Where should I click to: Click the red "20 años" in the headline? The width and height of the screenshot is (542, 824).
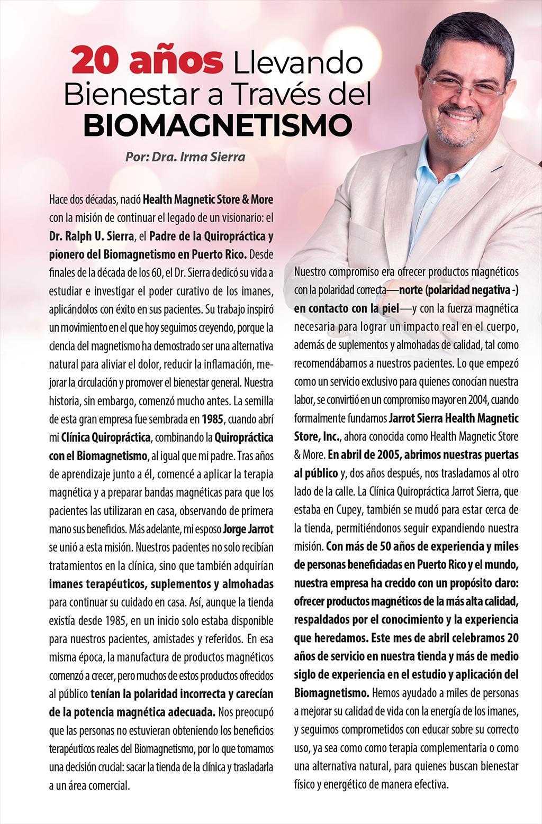coord(147,61)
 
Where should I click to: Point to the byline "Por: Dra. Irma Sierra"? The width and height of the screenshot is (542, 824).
coord(185,157)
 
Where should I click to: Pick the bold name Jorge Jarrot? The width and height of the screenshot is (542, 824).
coord(248,529)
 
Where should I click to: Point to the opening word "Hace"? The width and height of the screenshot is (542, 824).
coord(59,200)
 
